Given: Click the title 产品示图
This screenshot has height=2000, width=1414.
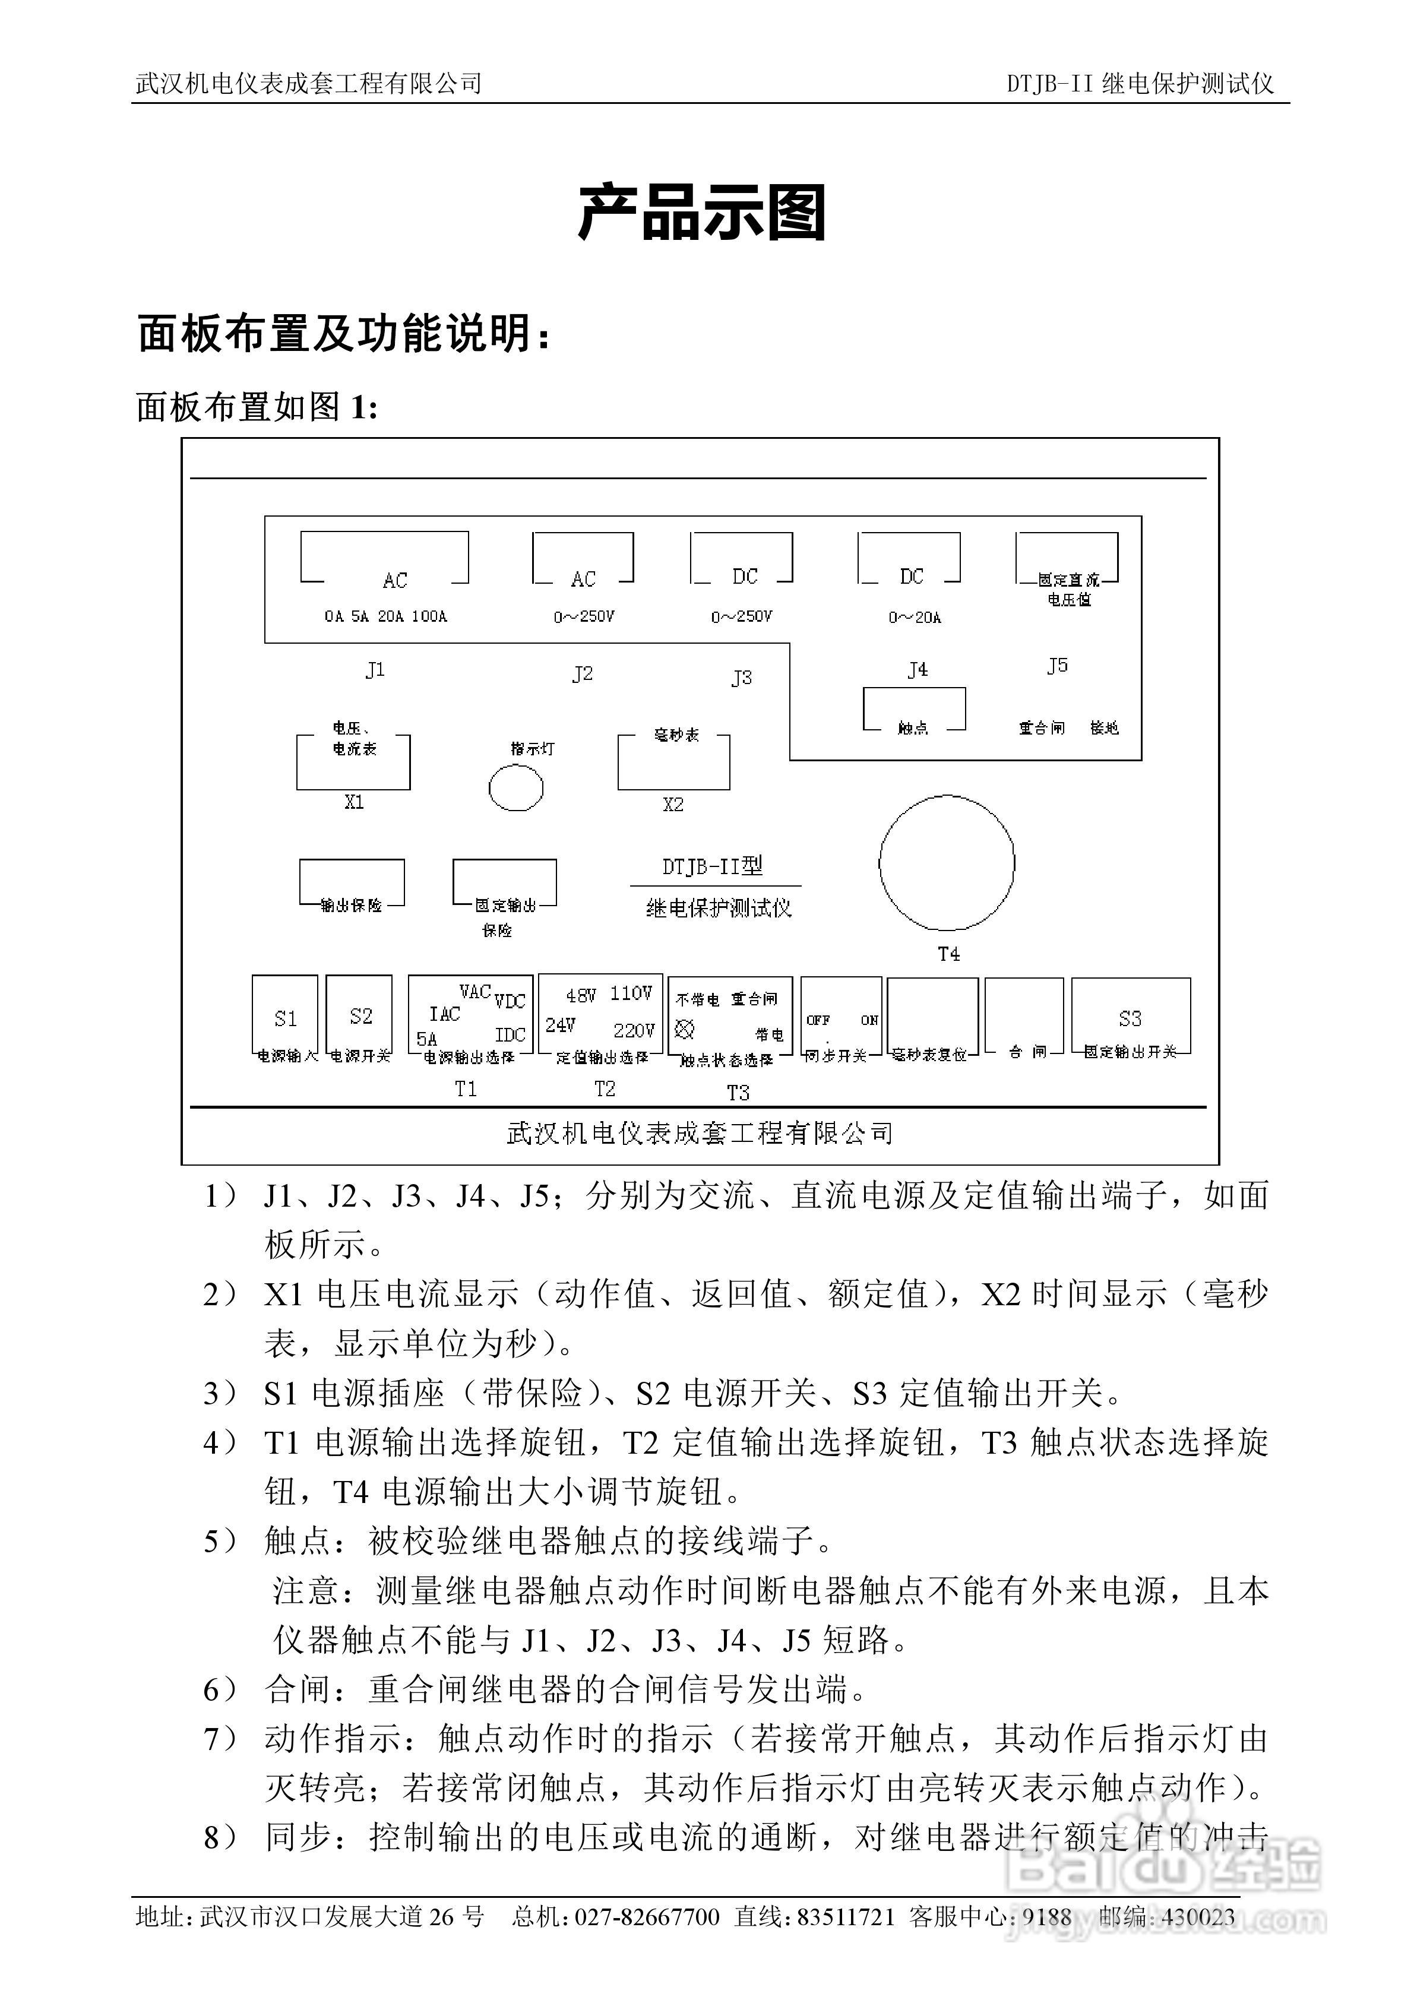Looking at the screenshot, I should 702,213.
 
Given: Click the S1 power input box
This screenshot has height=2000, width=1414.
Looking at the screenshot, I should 285,1017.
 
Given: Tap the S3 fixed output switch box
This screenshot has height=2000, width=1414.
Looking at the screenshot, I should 1130,1017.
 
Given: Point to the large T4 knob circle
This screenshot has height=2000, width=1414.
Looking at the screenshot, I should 947,862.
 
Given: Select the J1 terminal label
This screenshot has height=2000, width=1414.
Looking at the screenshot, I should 375,670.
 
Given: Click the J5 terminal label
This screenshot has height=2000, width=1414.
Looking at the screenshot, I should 1057,666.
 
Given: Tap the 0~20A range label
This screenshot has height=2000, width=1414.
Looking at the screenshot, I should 915,618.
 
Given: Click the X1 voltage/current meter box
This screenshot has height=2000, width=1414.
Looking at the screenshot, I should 353,762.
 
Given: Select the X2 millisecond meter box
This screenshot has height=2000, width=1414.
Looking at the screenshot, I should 673,763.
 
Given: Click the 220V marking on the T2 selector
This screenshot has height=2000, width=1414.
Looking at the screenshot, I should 634,1030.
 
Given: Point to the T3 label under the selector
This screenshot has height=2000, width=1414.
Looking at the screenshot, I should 738,1092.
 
